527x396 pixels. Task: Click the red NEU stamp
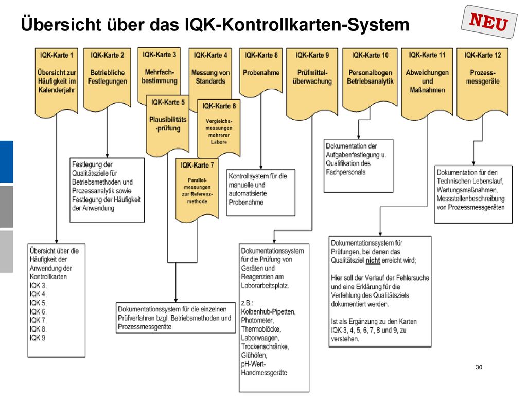(x=489, y=22)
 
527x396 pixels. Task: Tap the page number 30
(x=479, y=367)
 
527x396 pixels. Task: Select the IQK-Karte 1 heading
(x=57, y=55)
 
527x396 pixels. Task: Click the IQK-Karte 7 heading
(x=197, y=165)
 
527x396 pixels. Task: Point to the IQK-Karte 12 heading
(x=482, y=55)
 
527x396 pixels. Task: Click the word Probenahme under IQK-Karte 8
(x=261, y=72)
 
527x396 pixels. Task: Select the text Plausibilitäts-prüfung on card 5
(x=168, y=124)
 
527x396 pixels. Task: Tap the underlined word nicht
(x=373, y=260)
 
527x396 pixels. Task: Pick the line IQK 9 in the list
(x=37, y=338)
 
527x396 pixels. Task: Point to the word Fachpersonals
(x=345, y=172)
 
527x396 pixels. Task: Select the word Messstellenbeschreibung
(x=470, y=199)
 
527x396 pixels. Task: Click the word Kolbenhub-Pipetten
(x=268, y=311)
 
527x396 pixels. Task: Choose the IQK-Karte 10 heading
(x=370, y=55)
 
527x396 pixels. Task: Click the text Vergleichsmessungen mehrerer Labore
(x=219, y=131)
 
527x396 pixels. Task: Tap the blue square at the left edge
(x=6, y=161)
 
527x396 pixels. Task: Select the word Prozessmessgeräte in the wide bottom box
(x=145, y=326)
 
